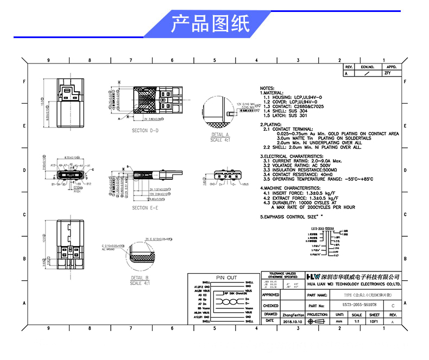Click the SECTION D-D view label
click(146, 131)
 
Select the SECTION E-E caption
click(145, 207)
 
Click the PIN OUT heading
click(227, 277)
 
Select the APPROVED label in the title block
click(271, 295)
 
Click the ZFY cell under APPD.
click(387, 72)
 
